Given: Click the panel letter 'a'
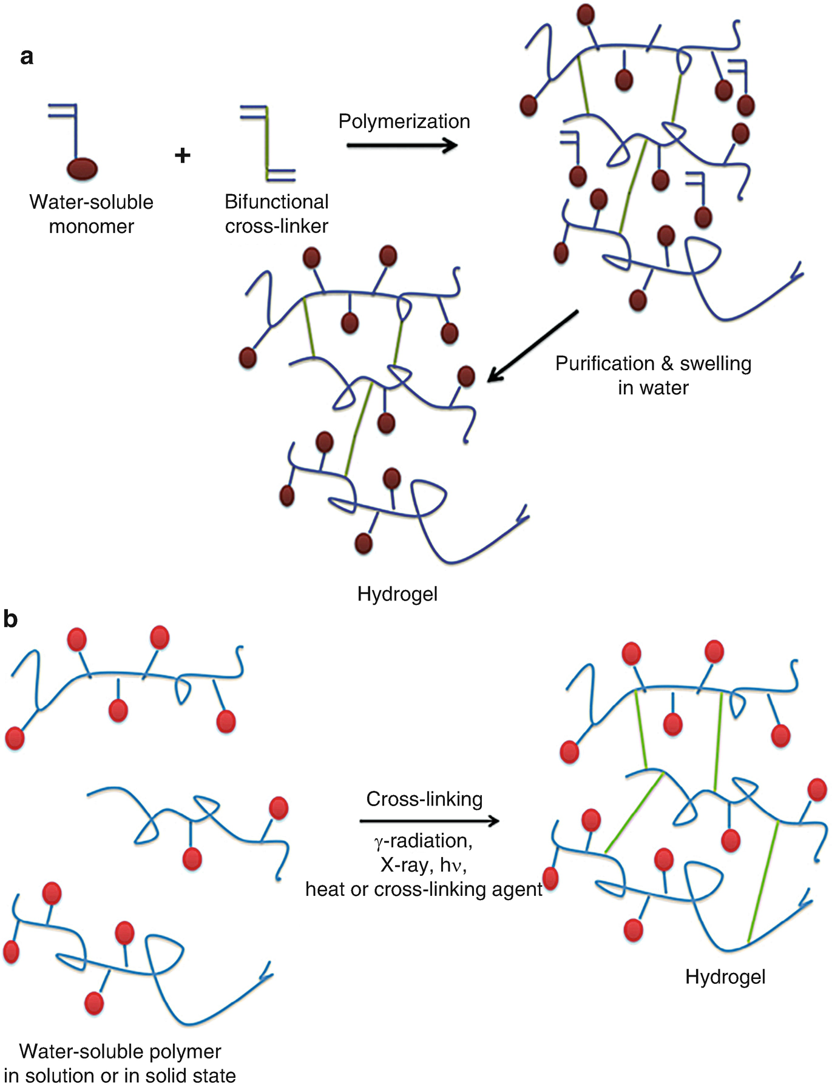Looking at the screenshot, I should point(26,56).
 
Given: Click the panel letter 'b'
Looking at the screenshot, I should point(11,619).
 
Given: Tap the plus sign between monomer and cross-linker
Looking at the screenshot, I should point(182,155).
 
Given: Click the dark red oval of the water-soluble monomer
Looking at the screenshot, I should point(81,169).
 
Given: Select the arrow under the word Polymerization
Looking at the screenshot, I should point(402,145).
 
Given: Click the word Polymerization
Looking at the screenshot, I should point(404,121).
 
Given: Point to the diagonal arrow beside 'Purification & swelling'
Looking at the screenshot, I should point(533,346).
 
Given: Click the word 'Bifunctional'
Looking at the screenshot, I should point(276,201).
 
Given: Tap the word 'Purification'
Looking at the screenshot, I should point(604,363).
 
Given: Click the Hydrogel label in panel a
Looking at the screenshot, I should point(397,593).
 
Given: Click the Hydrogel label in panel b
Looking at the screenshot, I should point(725,977).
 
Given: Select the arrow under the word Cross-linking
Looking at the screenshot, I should point(429,821).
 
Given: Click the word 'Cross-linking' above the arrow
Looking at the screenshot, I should point(424,799).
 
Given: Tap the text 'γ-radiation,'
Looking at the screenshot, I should point(423,841).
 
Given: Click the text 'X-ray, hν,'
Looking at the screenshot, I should point(423,864).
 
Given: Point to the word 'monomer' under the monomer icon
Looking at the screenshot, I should point(91,226).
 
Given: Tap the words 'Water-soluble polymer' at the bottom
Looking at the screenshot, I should point(120,1051).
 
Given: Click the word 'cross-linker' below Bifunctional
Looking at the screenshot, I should point(276,226).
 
